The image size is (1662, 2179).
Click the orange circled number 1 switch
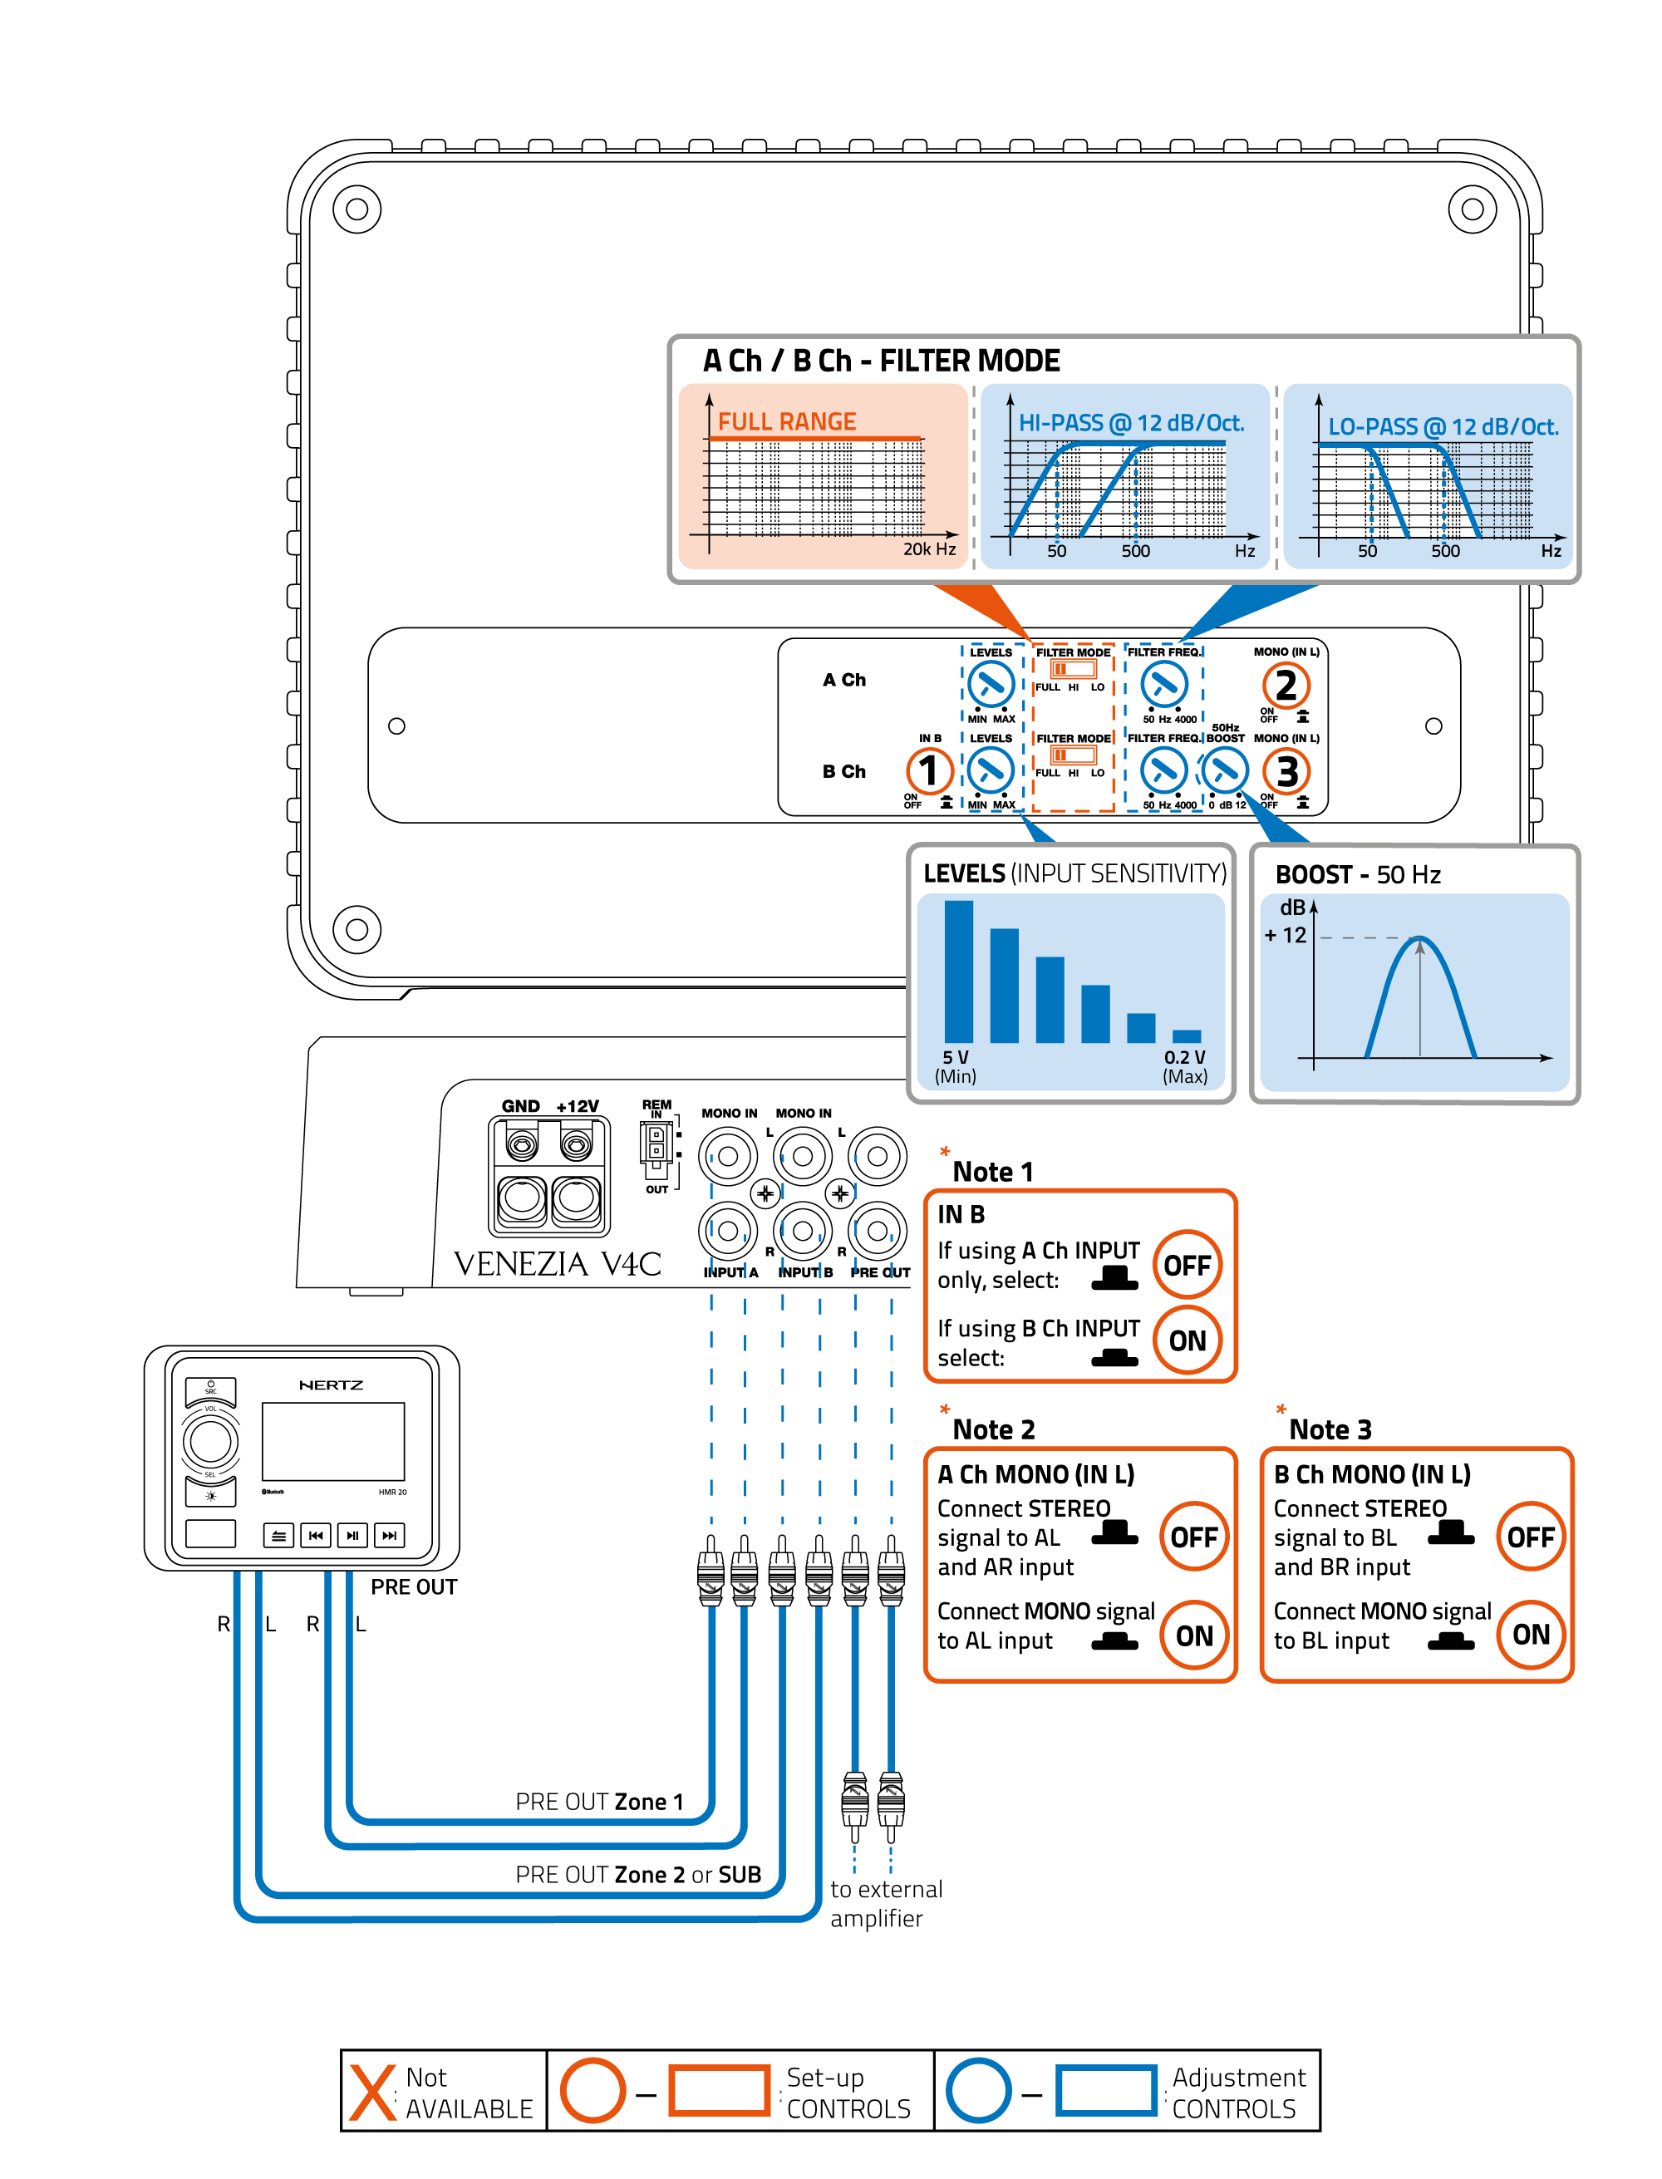pyautogui.click(x=929, y=770)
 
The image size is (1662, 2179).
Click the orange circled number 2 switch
pyautogui.click(x=1285, y=685)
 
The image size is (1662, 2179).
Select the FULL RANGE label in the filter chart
pyautogui.click(x=786, y=421)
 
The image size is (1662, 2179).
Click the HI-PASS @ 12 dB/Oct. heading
pyautogui.click(x=1131, y=423)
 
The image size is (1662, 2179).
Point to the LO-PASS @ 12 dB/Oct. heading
pyautogui.click(x=1443, y=427)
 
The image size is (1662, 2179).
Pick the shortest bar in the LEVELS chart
pyautogui.click(x=1186, y=1035)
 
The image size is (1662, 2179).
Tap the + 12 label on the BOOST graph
pyautogui.click(x=1285, y=935)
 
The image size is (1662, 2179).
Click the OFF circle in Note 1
pyautogui.click(x=1187, y=1265)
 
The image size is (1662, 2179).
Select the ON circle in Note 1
pyautogui.click(x=1187, y=1340)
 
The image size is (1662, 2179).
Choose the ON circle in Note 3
pyautogui.click(x=1531, y=1634)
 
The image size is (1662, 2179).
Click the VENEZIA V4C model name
pyautogui.click(x=557, y=1263)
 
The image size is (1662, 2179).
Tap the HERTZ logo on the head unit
pyautogui.click(x=331, y=1385)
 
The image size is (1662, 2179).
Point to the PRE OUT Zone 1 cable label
pyautogui.click(x=598, y=1801)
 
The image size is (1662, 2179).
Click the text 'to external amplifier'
pyautogui.click(x=885, y=1903)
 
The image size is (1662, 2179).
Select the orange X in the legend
pyautogui.click(x=373, y=2092)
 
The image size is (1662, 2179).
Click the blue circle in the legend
pyautogui.click(x=977, y=2090)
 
